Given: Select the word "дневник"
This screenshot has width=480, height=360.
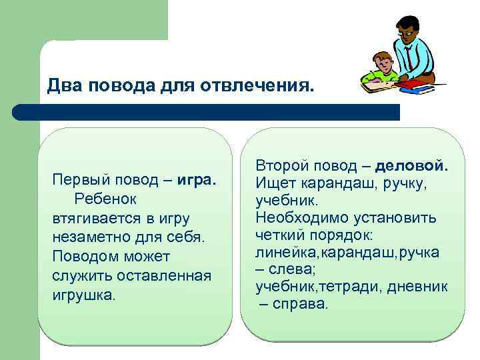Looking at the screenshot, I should pyautogui.click(x=423, y=287).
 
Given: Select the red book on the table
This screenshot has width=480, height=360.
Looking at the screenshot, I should pyautogui.click(x=413, y=83).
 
